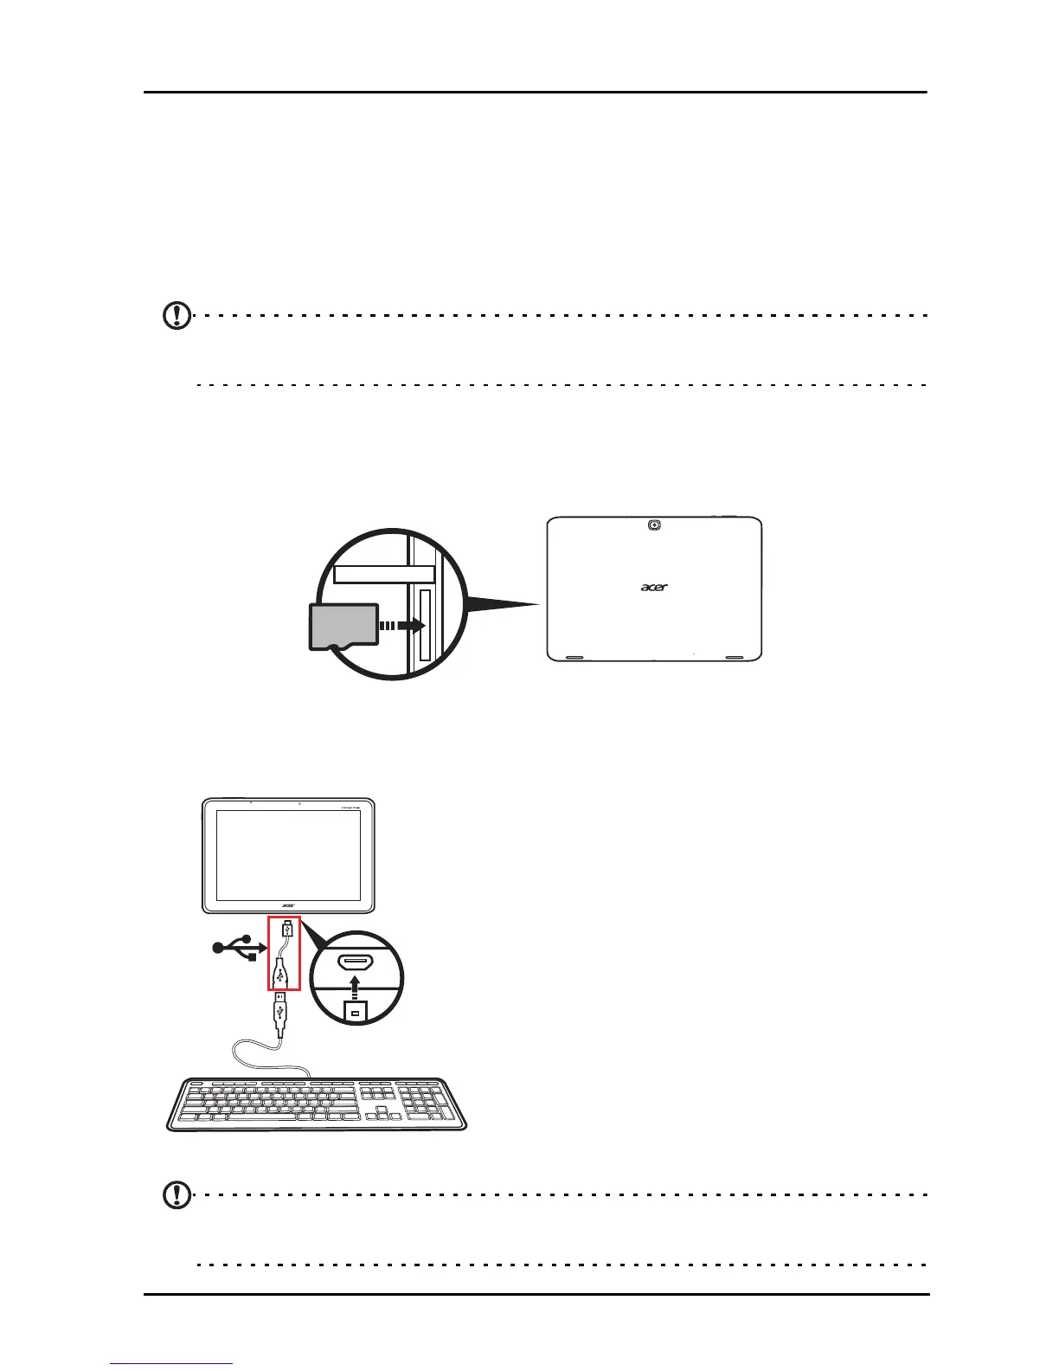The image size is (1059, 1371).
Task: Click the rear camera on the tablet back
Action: point(654,525)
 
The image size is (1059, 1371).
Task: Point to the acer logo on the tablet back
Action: point(654,587)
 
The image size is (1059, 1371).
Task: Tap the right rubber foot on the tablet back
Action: point(735,657)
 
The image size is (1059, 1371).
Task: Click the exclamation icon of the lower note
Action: point(177,1196)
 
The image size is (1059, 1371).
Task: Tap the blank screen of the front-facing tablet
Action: point(288,855)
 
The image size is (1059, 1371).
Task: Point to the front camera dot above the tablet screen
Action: point(298,803)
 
